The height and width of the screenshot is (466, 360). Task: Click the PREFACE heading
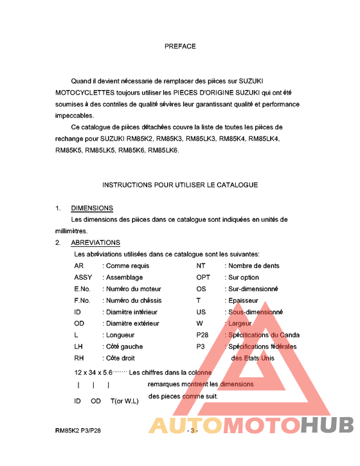click(180, 46)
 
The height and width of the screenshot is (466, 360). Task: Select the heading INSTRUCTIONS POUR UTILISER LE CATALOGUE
click(180, 185)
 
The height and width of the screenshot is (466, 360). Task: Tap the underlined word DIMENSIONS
click(92, 208)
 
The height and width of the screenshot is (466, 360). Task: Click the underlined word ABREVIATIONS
click(95, 243)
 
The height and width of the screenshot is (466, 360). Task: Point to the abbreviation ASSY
click(83, 278)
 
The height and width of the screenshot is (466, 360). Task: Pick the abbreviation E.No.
click(82, 289)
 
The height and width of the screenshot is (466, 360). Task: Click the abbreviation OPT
click(203, 278)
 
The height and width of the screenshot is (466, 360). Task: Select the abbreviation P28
click(203, 335)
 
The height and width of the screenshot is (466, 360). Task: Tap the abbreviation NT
click(201, 266)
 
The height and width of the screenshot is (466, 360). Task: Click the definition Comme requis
click(127, 266)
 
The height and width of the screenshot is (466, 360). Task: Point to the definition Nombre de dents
click(253, 266)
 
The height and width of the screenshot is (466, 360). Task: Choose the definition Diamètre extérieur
click(132, 323)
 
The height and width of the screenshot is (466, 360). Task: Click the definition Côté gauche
click(125, 346)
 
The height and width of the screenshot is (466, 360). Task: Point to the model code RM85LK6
click(163, 150)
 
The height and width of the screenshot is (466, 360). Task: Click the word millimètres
click(70, 231)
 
